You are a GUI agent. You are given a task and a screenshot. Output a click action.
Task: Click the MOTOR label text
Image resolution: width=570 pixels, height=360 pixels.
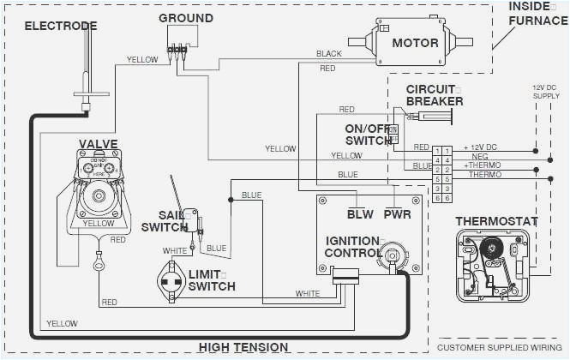click(416, 43)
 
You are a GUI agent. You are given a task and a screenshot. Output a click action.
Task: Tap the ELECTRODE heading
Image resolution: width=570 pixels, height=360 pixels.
click(61, 26)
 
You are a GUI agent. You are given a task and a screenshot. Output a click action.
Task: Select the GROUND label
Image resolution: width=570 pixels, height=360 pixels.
click(186, 18)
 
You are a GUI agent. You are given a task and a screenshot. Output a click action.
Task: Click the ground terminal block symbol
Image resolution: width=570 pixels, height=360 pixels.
click(177, 50)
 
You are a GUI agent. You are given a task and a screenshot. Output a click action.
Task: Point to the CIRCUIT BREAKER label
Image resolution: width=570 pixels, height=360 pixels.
click(435, 95)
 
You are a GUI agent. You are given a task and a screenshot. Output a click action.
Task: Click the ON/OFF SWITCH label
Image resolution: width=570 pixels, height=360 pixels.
click(367, 135)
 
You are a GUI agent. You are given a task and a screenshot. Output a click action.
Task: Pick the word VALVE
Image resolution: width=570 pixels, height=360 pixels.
click(99, 143)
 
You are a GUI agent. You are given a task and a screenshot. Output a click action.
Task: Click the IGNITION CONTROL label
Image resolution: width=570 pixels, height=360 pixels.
click(352, 247)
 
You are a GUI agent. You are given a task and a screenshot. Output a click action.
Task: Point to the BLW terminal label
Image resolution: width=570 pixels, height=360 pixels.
click(360, 213)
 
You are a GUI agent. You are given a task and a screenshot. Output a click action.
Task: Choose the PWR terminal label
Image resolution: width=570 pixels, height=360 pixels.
click(398, 213)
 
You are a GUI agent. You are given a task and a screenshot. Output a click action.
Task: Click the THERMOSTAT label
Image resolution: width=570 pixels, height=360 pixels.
click(496, 221)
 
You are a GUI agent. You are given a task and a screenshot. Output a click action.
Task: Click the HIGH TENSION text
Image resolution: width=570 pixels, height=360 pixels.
click(243, 347)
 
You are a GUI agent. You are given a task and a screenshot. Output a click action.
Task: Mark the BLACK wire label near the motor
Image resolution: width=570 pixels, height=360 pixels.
click(328, 54)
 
